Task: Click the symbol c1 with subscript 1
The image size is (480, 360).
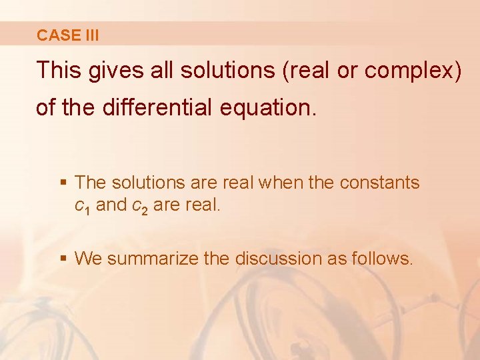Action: click(82, 206)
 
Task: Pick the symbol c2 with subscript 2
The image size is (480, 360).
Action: click(141, 206)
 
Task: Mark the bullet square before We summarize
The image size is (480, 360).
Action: click(64, 258)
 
